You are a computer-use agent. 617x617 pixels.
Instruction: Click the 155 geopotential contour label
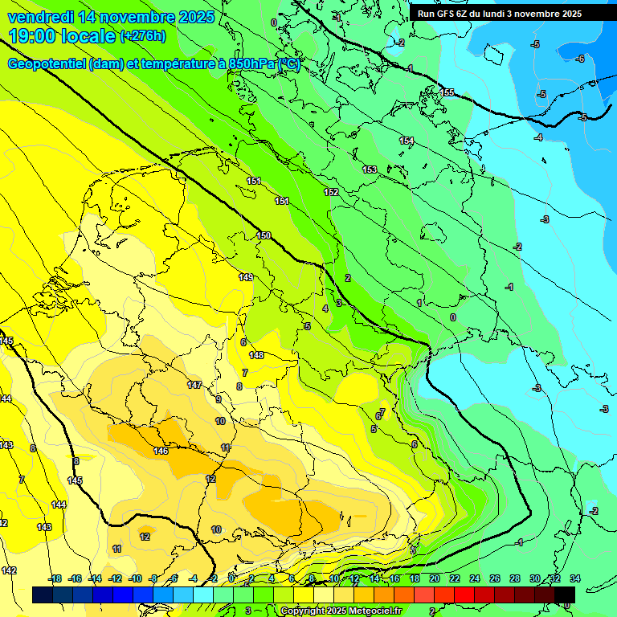click(x=447, y=92)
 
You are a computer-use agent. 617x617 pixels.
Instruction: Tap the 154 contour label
click(x=407, y=141)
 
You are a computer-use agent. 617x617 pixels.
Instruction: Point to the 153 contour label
click(x=370, y=169)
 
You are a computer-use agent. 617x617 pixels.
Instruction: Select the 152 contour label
click(x=331, y=192)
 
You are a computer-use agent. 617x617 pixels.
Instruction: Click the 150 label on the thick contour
click(x=264, y=235)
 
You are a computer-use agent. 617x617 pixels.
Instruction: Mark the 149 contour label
click(x=246, y=277)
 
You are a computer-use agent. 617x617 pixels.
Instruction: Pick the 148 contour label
click(x=256, y=355)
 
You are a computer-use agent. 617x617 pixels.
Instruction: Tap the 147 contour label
click(x=194, y=385)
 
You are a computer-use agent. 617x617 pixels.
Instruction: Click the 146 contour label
click(x=161, y=451)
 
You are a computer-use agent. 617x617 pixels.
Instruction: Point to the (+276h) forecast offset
click(x=143, y=36)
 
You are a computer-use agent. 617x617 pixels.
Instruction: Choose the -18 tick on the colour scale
click(x=55, y=578)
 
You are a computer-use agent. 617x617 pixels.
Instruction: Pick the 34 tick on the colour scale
click(x=574, y=578)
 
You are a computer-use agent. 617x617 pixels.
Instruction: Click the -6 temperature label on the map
click(x=580, y=58)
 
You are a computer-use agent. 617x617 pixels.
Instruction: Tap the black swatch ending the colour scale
click(x=565, y=595)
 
